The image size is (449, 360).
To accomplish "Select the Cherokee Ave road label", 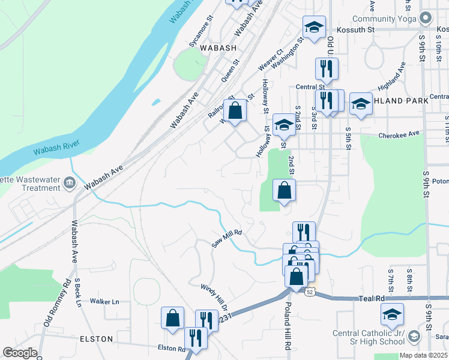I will (398, 136).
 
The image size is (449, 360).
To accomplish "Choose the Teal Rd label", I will (372, 298).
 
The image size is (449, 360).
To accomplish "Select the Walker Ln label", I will (104, 301).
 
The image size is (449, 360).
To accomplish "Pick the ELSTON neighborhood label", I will (96, 339).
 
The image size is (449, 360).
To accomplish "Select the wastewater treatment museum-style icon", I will (70, 182).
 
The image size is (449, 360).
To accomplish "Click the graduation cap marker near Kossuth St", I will (314, 27).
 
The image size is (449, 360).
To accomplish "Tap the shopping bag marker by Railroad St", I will (236, 110).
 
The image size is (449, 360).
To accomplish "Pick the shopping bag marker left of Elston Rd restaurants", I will (172, 319).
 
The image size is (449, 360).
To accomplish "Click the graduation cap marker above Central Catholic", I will (392, 314).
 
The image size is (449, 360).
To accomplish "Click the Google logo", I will (20, 353).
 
